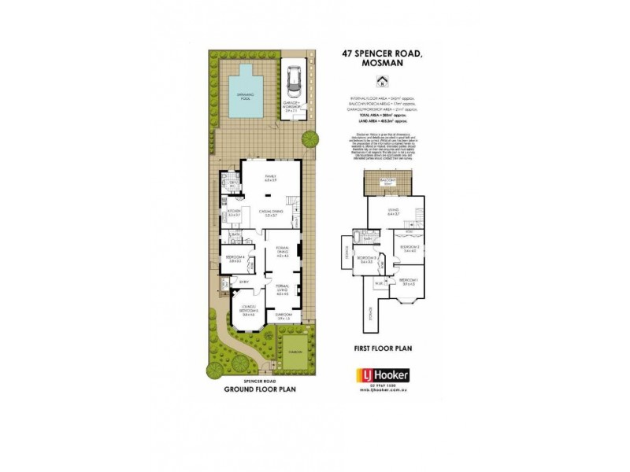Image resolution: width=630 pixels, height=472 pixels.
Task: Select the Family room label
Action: pyautogui.click(x=271, y=179)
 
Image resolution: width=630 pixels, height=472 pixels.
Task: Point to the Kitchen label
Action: pyautogui.click(x=233, y=212)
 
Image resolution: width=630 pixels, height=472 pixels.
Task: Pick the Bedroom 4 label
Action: pyautogui.click(x=233, y=256)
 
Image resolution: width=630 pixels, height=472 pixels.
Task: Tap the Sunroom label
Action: pyautogui.click(x=283, y=316)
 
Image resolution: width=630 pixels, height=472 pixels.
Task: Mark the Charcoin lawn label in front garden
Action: pyautogui.click(x=295, y=352)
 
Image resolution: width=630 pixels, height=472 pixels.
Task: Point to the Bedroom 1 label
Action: pyautogui.click(x=408, y=282)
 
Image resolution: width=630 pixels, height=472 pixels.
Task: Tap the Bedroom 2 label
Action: pyautogui.click(x=408, y=249)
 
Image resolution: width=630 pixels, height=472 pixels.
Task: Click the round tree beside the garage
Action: pyautogui.click(x=310, y=140)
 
